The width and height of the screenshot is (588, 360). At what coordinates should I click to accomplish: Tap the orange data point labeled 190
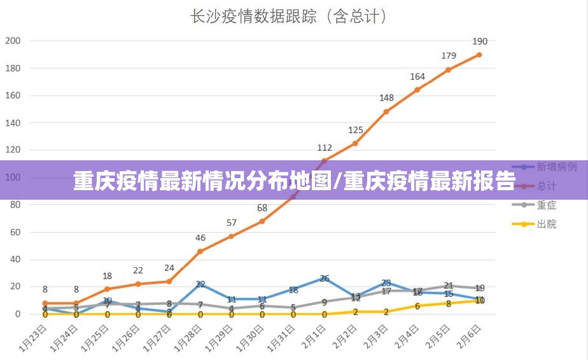[x=479, y=55]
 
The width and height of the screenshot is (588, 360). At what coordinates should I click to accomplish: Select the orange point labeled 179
[x=448, y=70]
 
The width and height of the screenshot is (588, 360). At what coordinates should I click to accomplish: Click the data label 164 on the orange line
[x=417, y=76]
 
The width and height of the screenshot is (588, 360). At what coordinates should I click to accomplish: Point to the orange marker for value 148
[x=386, y=112]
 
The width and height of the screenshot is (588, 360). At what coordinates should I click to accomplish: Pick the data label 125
[x=355, y=130]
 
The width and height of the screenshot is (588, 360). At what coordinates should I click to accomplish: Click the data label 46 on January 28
[x=200, y=238]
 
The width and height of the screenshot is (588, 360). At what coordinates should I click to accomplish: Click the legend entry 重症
[x=547, y=205]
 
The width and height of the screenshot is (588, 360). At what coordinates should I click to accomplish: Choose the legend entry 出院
[x=547, y=224]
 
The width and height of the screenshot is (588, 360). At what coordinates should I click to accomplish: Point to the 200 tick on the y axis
[x=13, y=41]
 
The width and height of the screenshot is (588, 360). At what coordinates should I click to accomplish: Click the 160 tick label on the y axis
[x=13, y=95]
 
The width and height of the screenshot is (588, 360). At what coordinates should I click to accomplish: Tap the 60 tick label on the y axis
[x=15, y=232]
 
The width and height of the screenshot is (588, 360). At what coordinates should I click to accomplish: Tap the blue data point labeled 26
[x=325, y=279]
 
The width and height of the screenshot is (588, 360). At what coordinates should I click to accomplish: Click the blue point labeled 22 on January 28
[x=200, y=284]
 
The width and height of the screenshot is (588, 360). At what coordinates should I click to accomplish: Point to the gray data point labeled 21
[x=448, y=286]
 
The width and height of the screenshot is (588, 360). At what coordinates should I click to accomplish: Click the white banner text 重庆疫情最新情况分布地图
[x=204, y=181]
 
